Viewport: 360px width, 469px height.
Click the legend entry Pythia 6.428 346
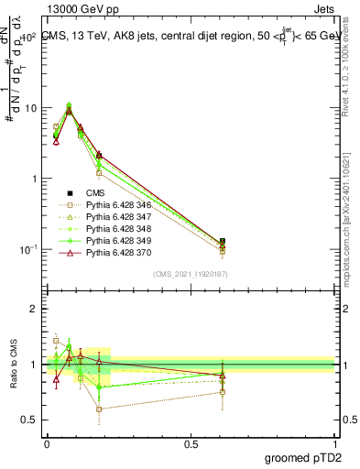(118, 206)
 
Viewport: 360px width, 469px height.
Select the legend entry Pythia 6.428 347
(118, 218)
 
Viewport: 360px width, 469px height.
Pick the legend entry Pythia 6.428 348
(118, 230)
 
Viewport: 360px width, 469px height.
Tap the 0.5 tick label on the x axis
(191, 442)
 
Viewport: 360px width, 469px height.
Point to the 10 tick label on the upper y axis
(29, 108)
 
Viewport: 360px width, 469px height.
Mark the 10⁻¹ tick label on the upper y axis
(27, 249)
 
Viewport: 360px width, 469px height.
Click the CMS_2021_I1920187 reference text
(190, 274)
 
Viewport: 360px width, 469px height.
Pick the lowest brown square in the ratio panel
(99, 409)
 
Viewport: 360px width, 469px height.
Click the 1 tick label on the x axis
(334, 442)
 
